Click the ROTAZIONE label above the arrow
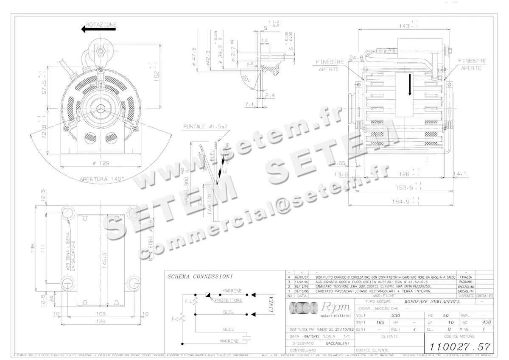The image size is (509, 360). [x=101, y=25]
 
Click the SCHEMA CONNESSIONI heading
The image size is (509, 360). [x=200, y=276]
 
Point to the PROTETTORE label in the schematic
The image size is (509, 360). [x=228, y=300]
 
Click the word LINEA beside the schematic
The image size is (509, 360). [x=271, y=306]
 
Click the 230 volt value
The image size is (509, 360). [x=395, y=315]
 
